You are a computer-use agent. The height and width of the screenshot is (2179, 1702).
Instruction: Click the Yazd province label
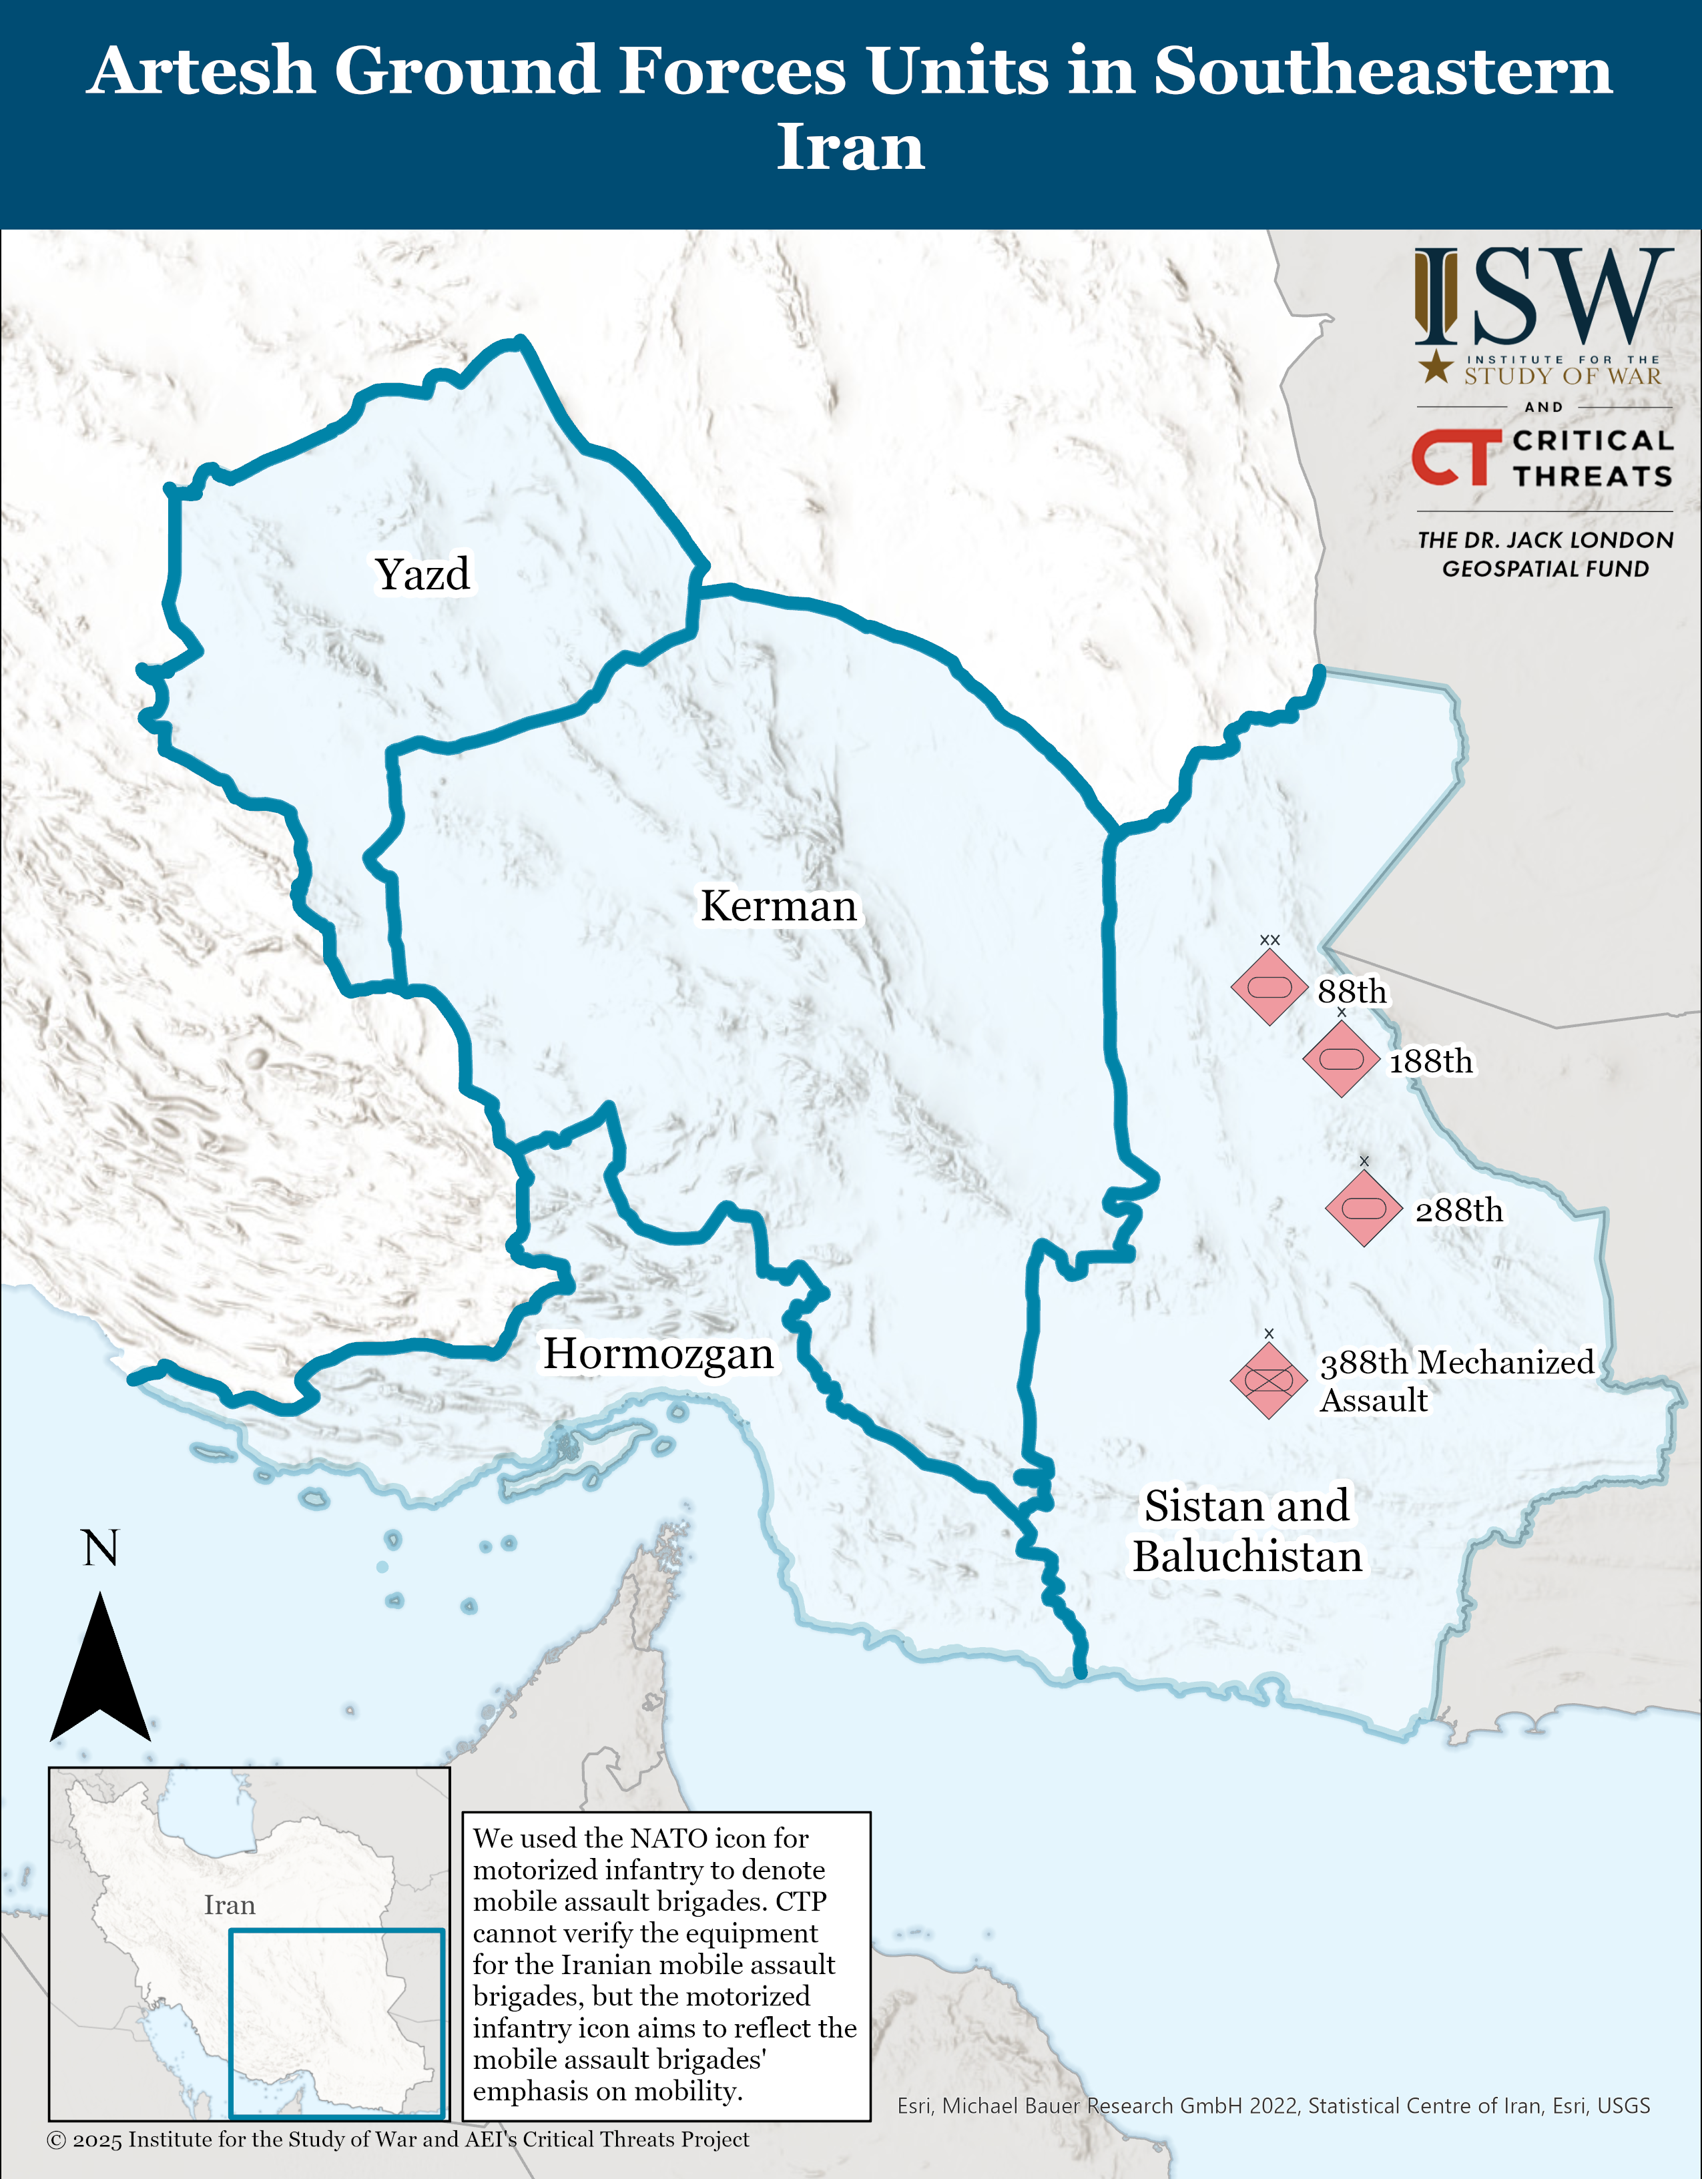[x=422, y=574]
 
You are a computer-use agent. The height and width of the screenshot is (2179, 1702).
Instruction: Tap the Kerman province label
[x=778, y=906]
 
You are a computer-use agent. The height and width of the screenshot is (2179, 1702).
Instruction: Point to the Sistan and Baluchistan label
[x=1246, y=1530]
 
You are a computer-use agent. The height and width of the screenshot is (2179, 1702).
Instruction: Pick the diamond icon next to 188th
[x=1341, y=1058]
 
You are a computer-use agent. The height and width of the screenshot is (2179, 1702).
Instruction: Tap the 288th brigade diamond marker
[x=1364, y=1208]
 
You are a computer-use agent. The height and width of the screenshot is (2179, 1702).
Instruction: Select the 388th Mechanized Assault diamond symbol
[x=1268, y=1380]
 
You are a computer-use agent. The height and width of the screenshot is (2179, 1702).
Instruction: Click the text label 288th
[x=1458, y=1210]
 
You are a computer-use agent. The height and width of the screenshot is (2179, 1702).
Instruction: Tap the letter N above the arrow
[x=99, y=1548]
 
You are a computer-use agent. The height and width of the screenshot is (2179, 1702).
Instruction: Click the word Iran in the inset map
[x=230, y=1905]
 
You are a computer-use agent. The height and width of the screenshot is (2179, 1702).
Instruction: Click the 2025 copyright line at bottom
[x=397, y=2139]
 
